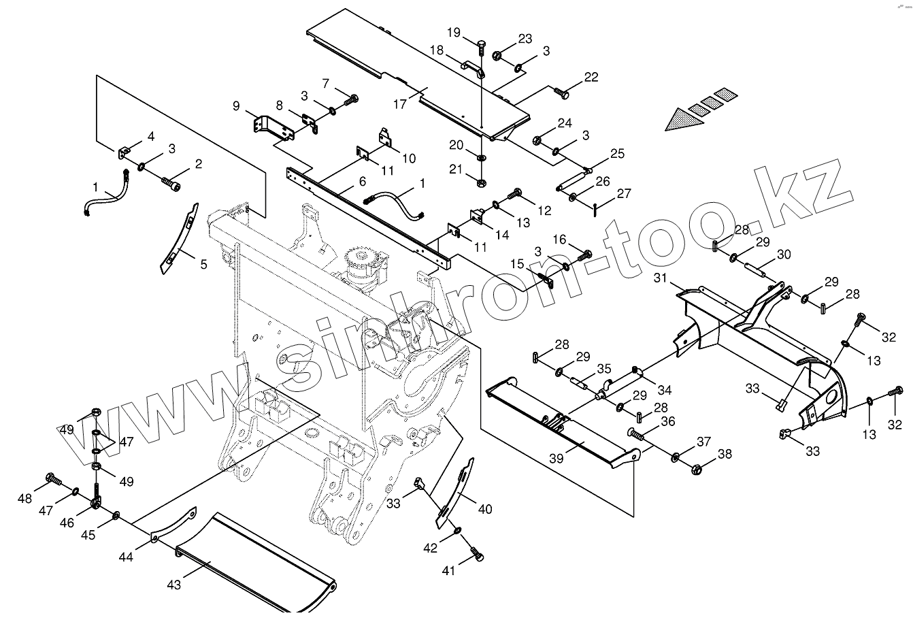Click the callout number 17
[x=399, y=105]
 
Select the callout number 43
[x=174, y=585]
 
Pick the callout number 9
[x=236, y=105]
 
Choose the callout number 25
[x=616, y=154]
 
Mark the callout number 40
[x=484, y=509]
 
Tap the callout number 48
[x=25, y=499]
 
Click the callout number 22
[x=591, y=77]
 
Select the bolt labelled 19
[x=481, y=47]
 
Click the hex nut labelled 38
[x=696, y=469]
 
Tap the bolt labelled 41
[x=478, y=555]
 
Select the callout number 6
[x=362, y=182]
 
